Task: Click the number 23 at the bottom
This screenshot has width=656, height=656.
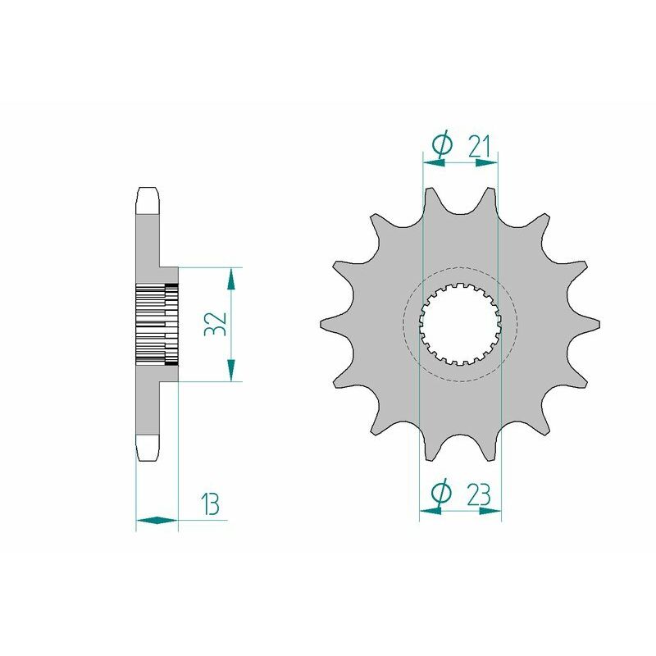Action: tap(479, 494)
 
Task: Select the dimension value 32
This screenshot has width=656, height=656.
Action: tap(216, 324)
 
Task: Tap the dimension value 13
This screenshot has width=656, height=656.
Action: tap(210, 505)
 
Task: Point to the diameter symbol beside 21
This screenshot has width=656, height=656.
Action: tap(440, 145)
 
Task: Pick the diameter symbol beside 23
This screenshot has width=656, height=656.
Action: tap(440, 494)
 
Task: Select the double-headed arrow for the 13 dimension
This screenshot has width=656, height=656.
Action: tap(157, 520)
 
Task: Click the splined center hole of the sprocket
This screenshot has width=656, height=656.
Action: tap(459, 324)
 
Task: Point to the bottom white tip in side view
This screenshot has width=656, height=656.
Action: tap(148, 447)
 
